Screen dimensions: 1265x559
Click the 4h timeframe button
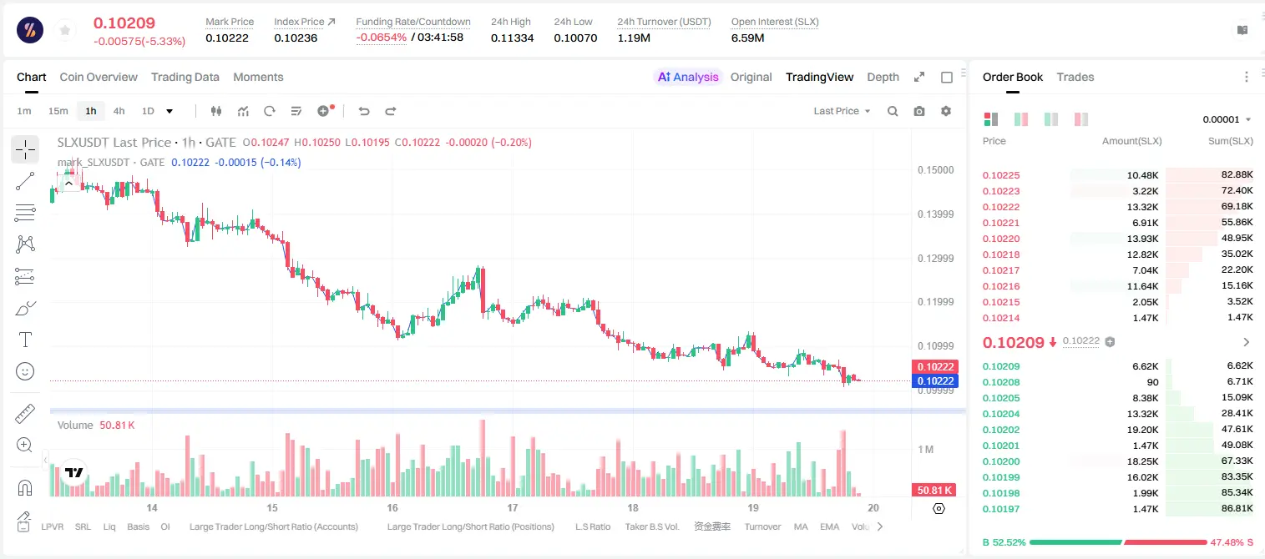click(119, 111)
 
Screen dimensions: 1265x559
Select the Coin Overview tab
click(99, 77)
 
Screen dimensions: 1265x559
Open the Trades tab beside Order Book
click(1075, 77)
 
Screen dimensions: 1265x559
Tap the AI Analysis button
click(688, 77)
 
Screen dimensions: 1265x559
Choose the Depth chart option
click(883, 77)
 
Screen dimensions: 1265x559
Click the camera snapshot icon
click(919, 111)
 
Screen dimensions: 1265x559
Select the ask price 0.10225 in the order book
click(1000, 175)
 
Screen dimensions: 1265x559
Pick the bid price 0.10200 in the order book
click(1000, 461)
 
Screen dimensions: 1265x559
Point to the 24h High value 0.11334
click(512, 38)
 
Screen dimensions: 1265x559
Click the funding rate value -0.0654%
click(382, 38)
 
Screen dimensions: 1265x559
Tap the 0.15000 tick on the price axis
click(936, 170)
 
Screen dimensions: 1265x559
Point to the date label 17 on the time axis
click(512, 507)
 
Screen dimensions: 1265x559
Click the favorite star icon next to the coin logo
click(65, 31)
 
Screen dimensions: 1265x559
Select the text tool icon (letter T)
click(25, 340)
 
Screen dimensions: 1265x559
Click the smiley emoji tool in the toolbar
click(25, 371)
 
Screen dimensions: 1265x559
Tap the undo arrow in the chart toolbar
click(364, 111)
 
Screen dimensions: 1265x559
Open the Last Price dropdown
click(842, 111)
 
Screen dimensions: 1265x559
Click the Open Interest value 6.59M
click(747, 38)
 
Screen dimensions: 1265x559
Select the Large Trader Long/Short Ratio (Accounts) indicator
click(274, 526)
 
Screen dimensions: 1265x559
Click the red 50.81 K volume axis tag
click(934, 491)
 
